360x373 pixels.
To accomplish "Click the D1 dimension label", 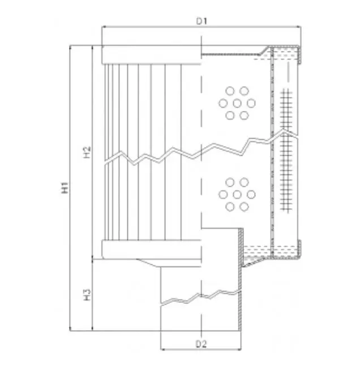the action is click(x=202, y=21).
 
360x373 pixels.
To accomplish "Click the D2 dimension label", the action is click(x=201, y=344).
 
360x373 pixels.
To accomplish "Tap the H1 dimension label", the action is click(x=65, y=188).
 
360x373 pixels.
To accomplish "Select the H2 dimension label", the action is click(x=87, y=152).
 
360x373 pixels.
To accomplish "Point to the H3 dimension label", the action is click(x=87, y=294).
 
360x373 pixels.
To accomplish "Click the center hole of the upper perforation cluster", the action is click(x=237, y=103).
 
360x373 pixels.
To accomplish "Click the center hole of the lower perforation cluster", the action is click(x=237, y=195).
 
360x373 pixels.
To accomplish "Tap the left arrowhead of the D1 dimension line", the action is click(x=104, y=27).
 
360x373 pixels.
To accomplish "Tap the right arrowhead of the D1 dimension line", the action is click(x=299, y=27).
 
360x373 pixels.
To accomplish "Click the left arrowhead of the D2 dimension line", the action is click(x=163, y=349).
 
